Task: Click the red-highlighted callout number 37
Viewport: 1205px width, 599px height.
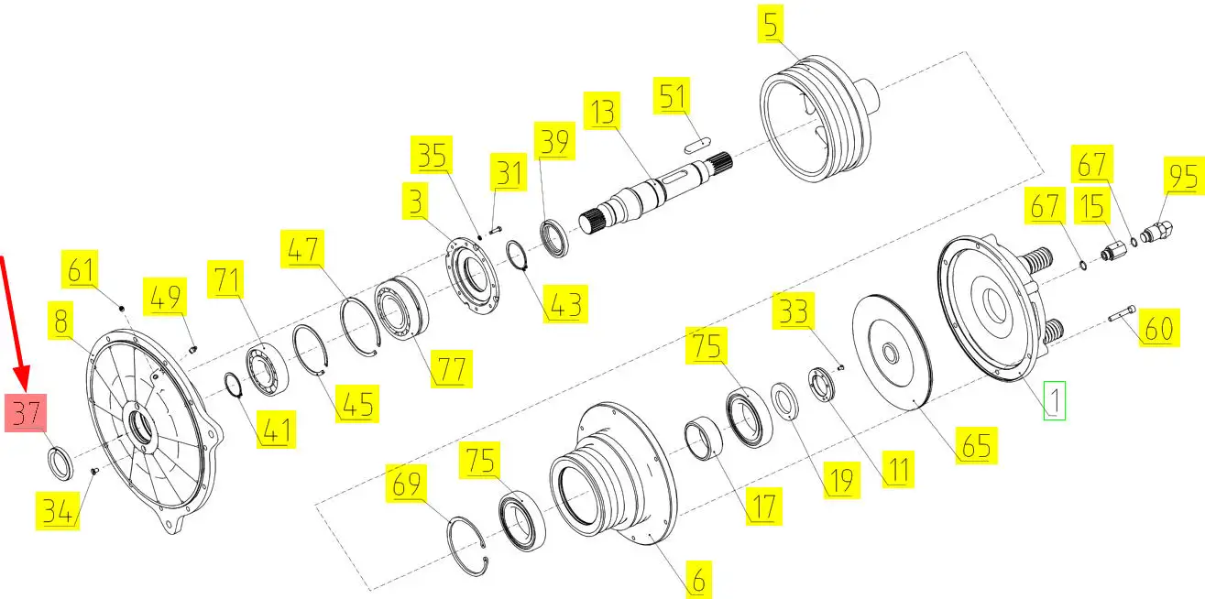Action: [26, 412]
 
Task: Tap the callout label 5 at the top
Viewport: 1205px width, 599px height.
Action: [771, 24]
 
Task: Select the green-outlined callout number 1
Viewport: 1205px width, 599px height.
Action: [1055, 400]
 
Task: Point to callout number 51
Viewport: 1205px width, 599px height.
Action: [672, 95]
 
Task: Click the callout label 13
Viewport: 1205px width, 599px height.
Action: [602, 111]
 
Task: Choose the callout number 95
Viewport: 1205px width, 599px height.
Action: [1183, 176]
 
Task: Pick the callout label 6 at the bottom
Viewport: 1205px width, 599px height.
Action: [699, 580]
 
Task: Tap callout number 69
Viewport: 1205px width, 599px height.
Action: [406, 483]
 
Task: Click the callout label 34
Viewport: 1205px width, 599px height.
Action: [58, 511]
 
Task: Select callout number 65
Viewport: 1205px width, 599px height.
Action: [977, 445]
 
